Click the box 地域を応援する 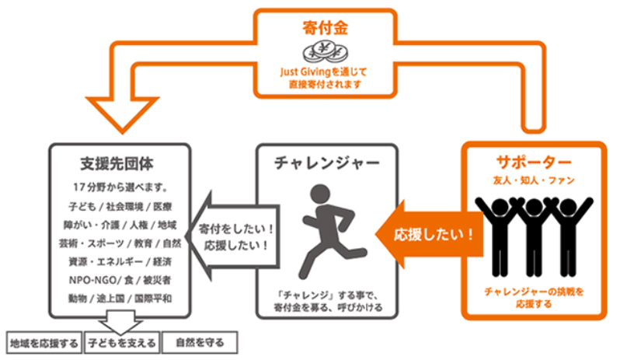pyautogui.click(x=44, y=342)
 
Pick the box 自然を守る pyautogui.click(x=200, y=342)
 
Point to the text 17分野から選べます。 pyautogui.click(x=118, y=187)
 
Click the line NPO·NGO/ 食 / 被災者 pyautogui.click(x=119, y=279)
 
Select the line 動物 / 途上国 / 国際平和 pyautogui.click(x=119, y=298)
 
